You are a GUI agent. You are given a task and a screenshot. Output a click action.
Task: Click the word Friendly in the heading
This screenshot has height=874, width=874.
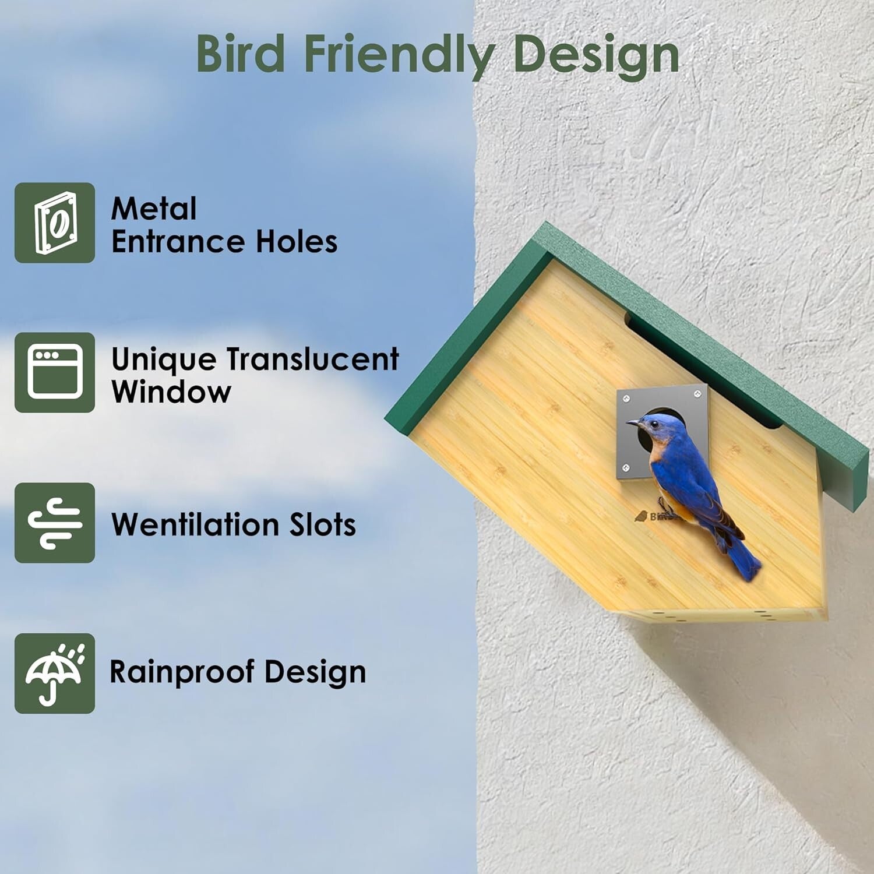[399, 54]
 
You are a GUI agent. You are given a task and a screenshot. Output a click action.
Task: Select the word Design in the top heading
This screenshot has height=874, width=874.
[597, 54]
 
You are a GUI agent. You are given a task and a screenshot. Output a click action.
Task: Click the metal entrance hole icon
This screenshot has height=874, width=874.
[55, 223]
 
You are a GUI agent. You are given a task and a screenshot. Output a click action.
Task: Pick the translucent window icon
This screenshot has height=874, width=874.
[55, 372]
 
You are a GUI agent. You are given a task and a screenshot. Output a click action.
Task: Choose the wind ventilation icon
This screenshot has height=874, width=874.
[55, 523]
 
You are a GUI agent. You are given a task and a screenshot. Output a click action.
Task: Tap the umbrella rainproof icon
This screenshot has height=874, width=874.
[55, 673]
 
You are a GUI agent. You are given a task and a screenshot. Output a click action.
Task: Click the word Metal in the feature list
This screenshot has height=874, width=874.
[154, 209]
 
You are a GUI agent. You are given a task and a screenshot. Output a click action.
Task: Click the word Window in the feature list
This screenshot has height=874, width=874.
[171, 392]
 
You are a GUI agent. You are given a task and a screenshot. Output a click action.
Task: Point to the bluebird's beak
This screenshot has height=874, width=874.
[633, 424]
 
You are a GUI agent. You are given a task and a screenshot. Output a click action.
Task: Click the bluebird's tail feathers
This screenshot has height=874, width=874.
[746, 562]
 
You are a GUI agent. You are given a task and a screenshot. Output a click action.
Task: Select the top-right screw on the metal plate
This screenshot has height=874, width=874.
[697, 396]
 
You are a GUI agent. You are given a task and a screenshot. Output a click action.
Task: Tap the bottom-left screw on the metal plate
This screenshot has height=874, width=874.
[626, 467]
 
